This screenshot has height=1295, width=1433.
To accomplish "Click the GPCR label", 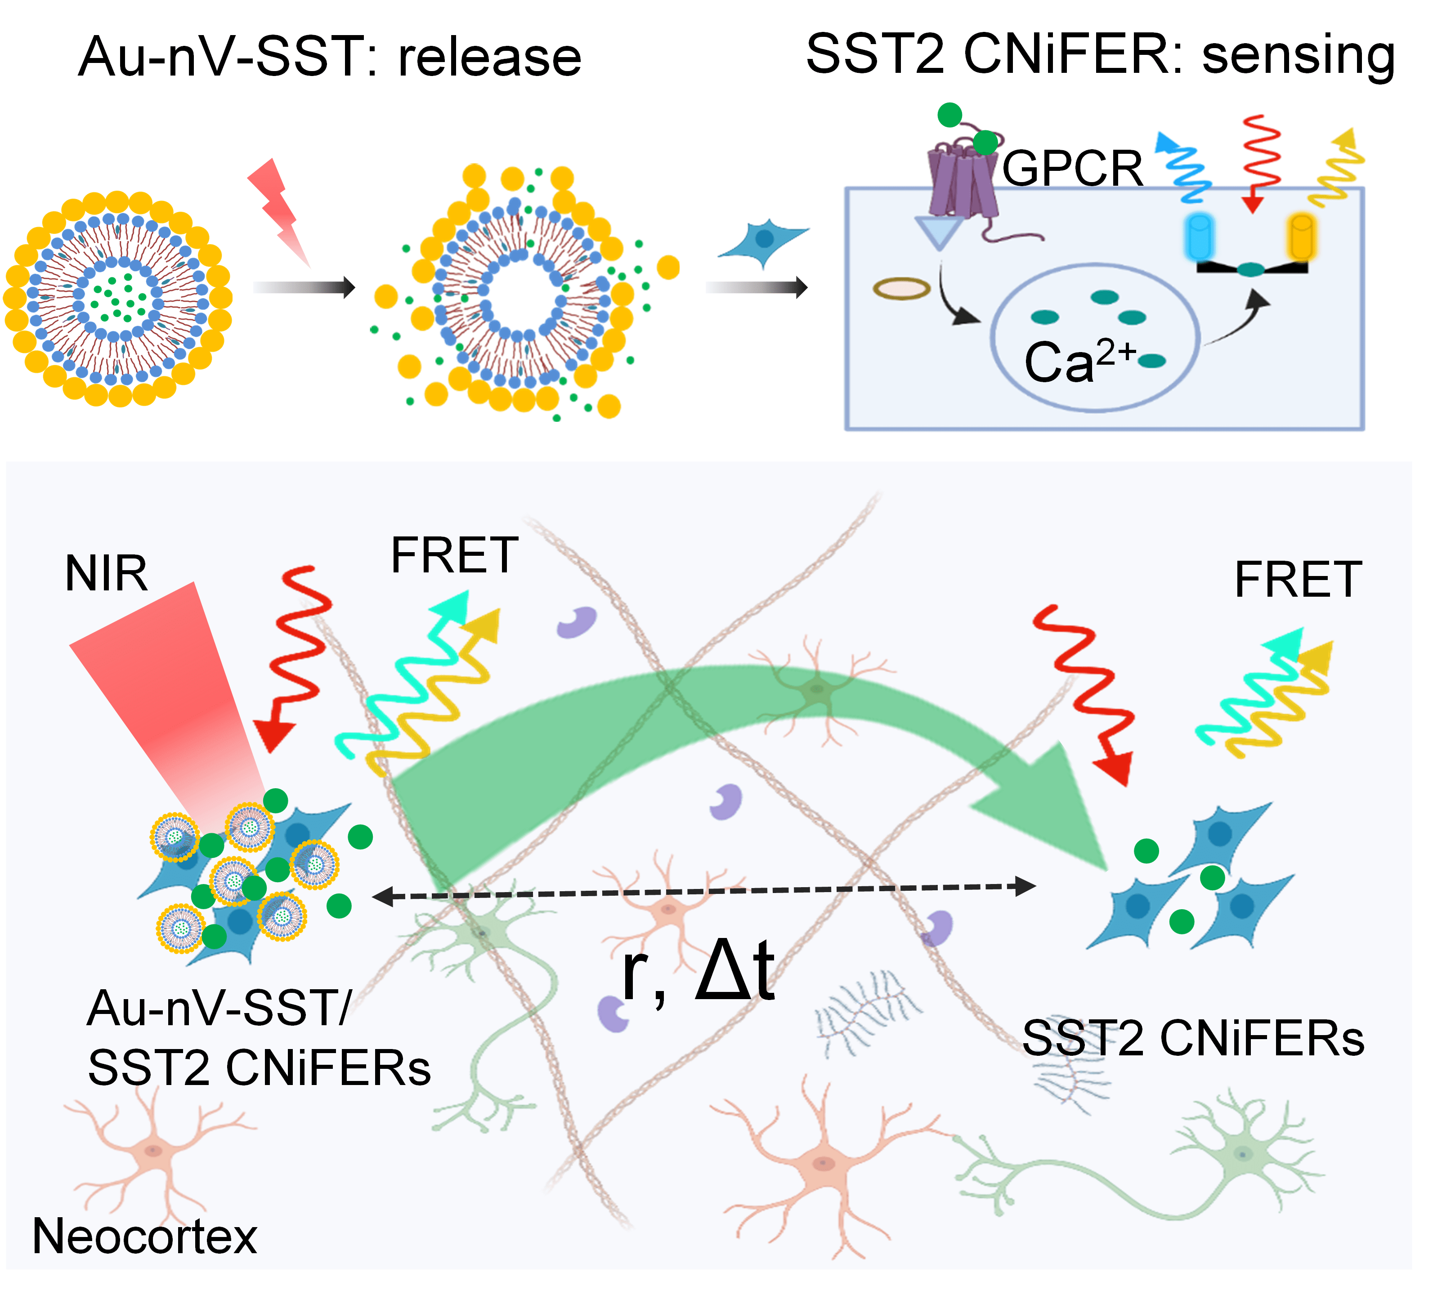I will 1072,169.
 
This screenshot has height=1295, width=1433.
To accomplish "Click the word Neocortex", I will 144,1236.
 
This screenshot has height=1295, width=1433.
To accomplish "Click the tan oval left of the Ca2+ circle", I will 901,289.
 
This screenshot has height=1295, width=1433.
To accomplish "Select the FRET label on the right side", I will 1298,580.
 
